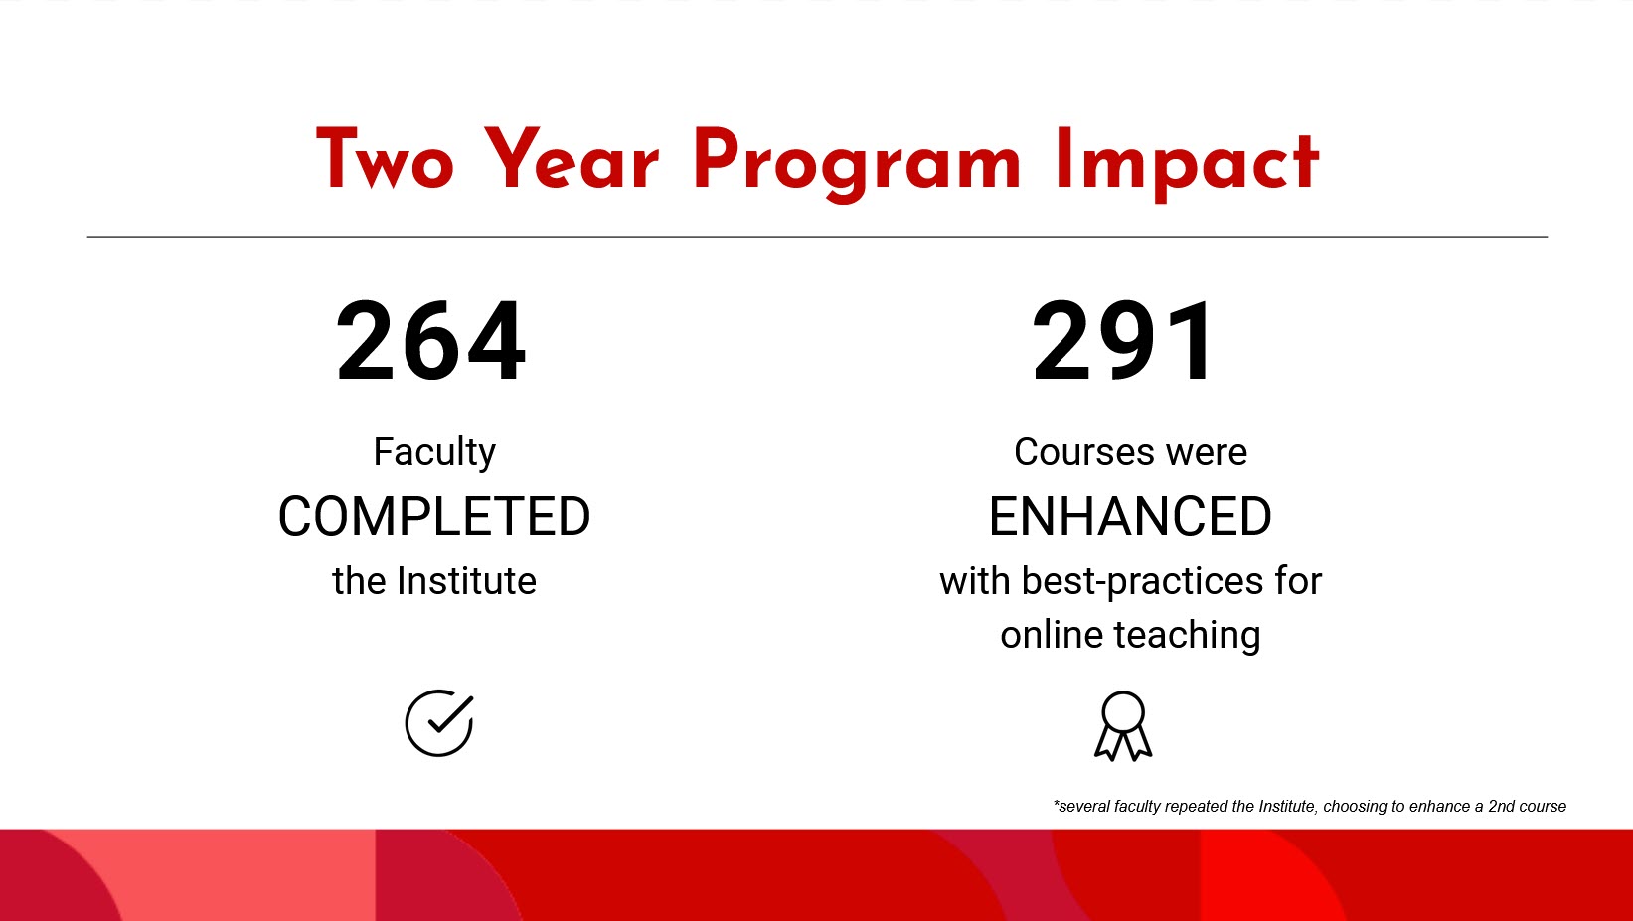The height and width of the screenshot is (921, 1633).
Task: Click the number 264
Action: pyautogui.click(x=430, y=342)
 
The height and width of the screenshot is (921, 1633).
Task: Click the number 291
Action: pyautogui.click(x=1123, y=342)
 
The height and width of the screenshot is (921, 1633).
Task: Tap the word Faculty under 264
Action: pyautogui.click(x=434, y=452)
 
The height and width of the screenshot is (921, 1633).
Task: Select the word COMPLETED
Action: pyautogui.click(x=434, y=517)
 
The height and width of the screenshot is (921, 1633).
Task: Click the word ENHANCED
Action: pyautogui.click(x=1130, y=517)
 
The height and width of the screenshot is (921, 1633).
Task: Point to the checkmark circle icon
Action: pyautogui.click(x=438, y=723)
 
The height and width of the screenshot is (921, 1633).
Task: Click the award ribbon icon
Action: pyautogui.click(x=1123, y=727)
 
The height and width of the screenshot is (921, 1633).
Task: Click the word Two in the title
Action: pyautogui.click(x=385, y=161)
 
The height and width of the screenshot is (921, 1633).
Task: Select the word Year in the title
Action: pyautogui.click(x=572, y=161)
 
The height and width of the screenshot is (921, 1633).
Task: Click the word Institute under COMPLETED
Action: pyautogui.click(x=466, y=581)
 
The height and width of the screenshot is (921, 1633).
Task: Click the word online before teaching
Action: pyautogui.click(x=1051, y=636)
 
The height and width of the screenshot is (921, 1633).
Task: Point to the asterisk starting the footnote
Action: pyautogui.click(x=1057, y=804)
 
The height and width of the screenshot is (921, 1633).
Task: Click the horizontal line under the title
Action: pyautogui.click(x=817, y=237)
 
